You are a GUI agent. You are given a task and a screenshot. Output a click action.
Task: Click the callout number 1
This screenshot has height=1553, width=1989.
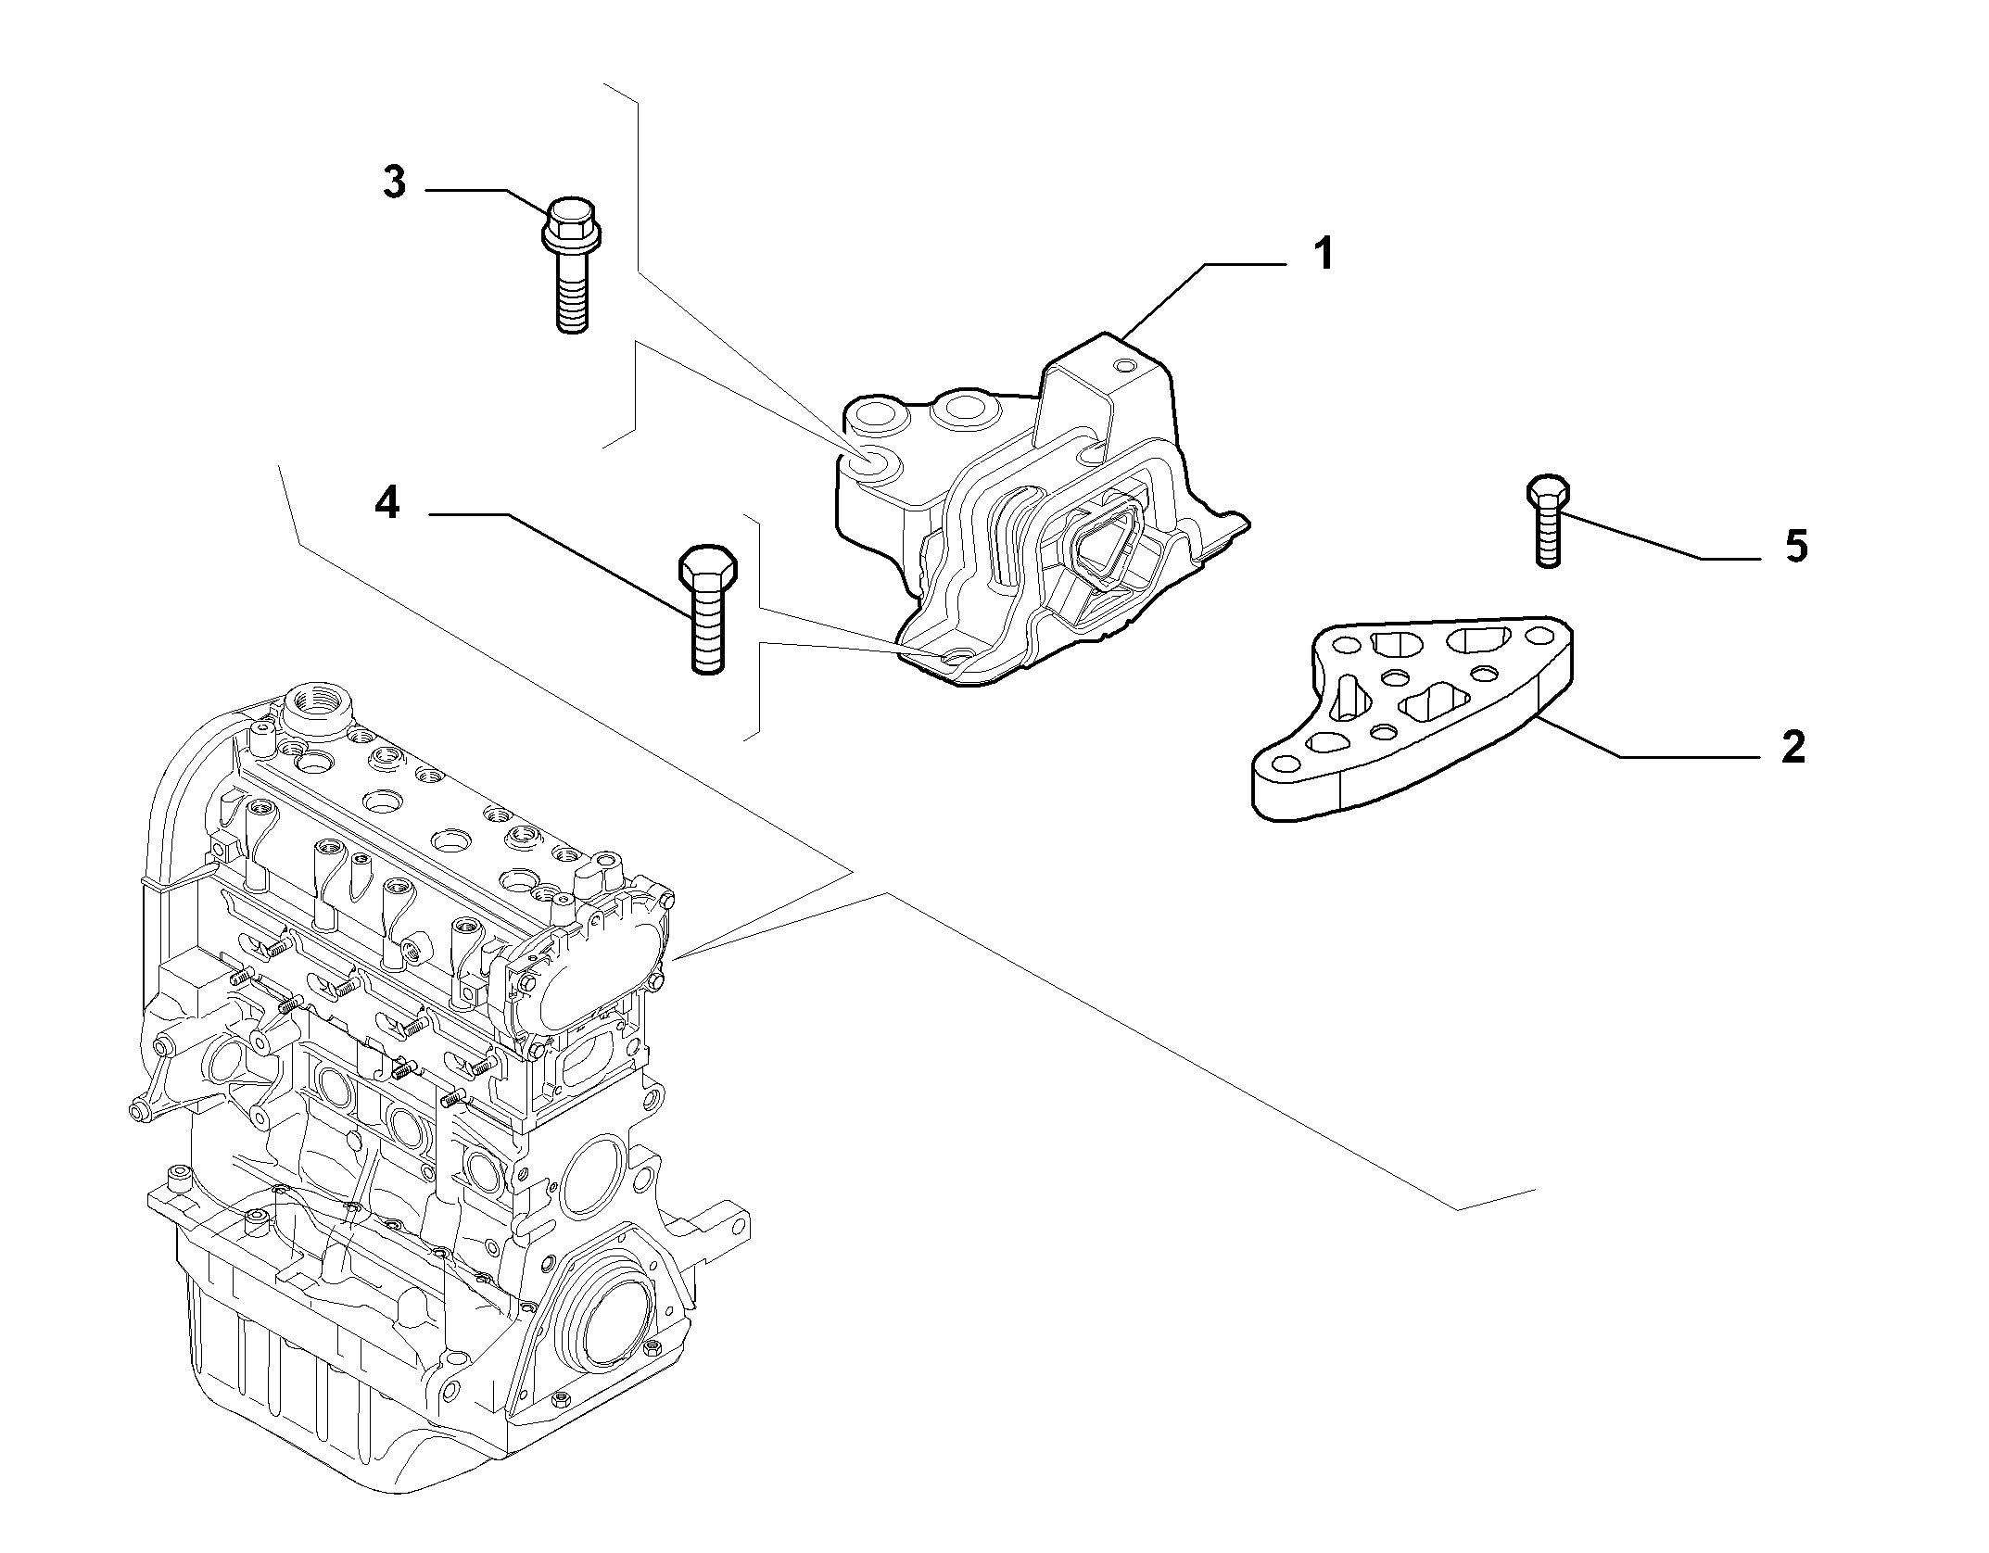point(1324,254)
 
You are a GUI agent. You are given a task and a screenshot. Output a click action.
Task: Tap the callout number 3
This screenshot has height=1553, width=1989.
point(395,183)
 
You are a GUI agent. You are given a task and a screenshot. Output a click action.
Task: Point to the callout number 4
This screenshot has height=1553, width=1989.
point(387,504)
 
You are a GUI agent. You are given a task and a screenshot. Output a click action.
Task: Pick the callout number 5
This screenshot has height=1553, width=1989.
point(1796,547)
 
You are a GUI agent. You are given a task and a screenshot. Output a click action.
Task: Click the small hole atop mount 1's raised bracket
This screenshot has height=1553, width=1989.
point(1125,367)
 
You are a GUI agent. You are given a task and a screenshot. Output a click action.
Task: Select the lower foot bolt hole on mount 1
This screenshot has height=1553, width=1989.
point(955,659)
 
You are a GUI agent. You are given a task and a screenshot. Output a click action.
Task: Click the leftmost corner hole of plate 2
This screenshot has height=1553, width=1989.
point(1286,764)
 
